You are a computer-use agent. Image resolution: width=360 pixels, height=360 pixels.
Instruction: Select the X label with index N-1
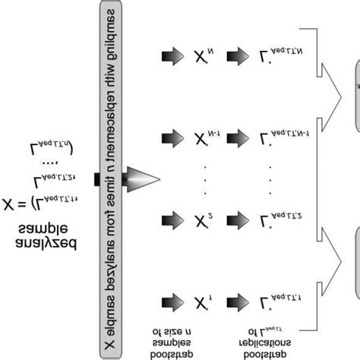pyautogui.click(x=204, y=138)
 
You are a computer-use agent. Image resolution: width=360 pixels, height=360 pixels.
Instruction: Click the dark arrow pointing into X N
pyautogui.click(x=172, y=56)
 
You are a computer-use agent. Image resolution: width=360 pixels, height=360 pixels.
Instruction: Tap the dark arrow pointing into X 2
pyautogui.click(x=172, y=221)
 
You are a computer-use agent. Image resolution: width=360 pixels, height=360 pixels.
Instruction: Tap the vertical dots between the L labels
pyautogui.click(x=272, y=179)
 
